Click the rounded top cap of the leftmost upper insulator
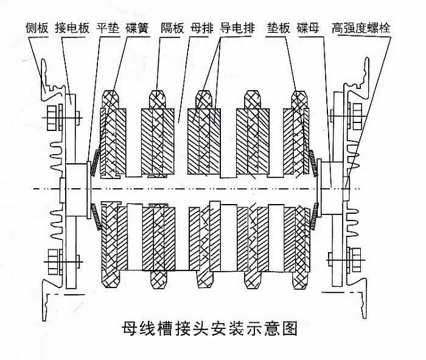click(110, 97)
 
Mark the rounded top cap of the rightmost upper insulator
click(301, 97)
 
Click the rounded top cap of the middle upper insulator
click(206, 97)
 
